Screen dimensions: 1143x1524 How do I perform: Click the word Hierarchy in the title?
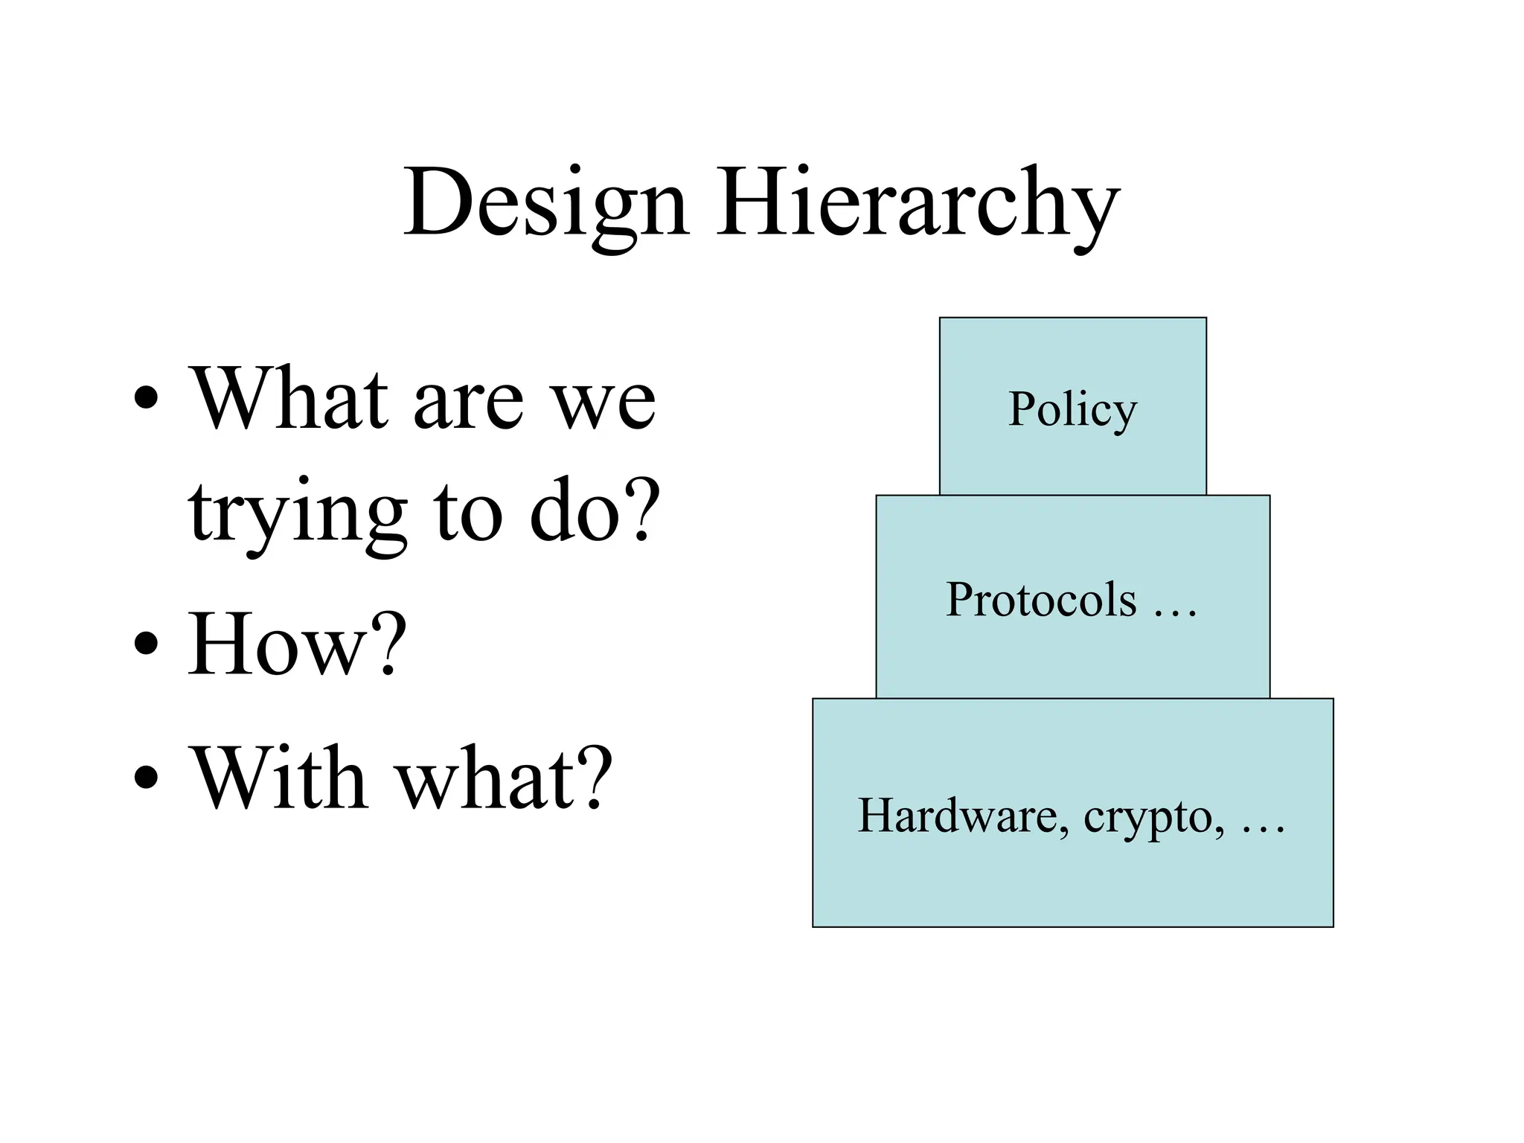coord(918,205)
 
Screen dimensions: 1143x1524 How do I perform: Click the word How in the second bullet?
coord(275,644)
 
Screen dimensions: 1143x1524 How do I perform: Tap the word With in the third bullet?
coord(280,777)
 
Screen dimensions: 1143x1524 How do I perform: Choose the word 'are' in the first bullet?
coord(468,402)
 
